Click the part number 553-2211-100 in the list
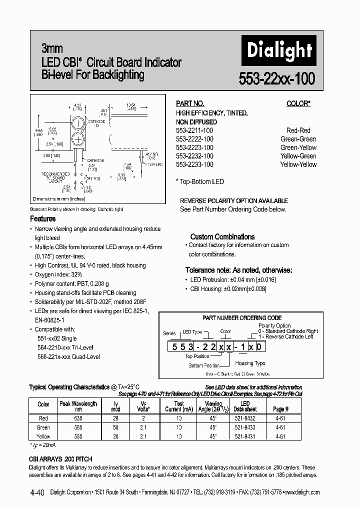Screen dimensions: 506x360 (194, 130)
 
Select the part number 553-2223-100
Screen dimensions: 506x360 (194, 147)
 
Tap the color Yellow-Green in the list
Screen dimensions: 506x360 (298, 156)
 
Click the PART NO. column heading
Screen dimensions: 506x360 (190, 103)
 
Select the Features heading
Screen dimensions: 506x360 (43, 219)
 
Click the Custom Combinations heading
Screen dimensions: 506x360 (222, 237)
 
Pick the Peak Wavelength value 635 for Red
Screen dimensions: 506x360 (78, 417)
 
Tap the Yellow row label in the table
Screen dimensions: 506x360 (43, 436)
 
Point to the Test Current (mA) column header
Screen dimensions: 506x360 (178, 406)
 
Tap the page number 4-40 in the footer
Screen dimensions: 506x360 (36, 492)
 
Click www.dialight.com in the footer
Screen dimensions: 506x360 (301, 492)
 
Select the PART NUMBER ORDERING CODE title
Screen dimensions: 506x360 (242, 317)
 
